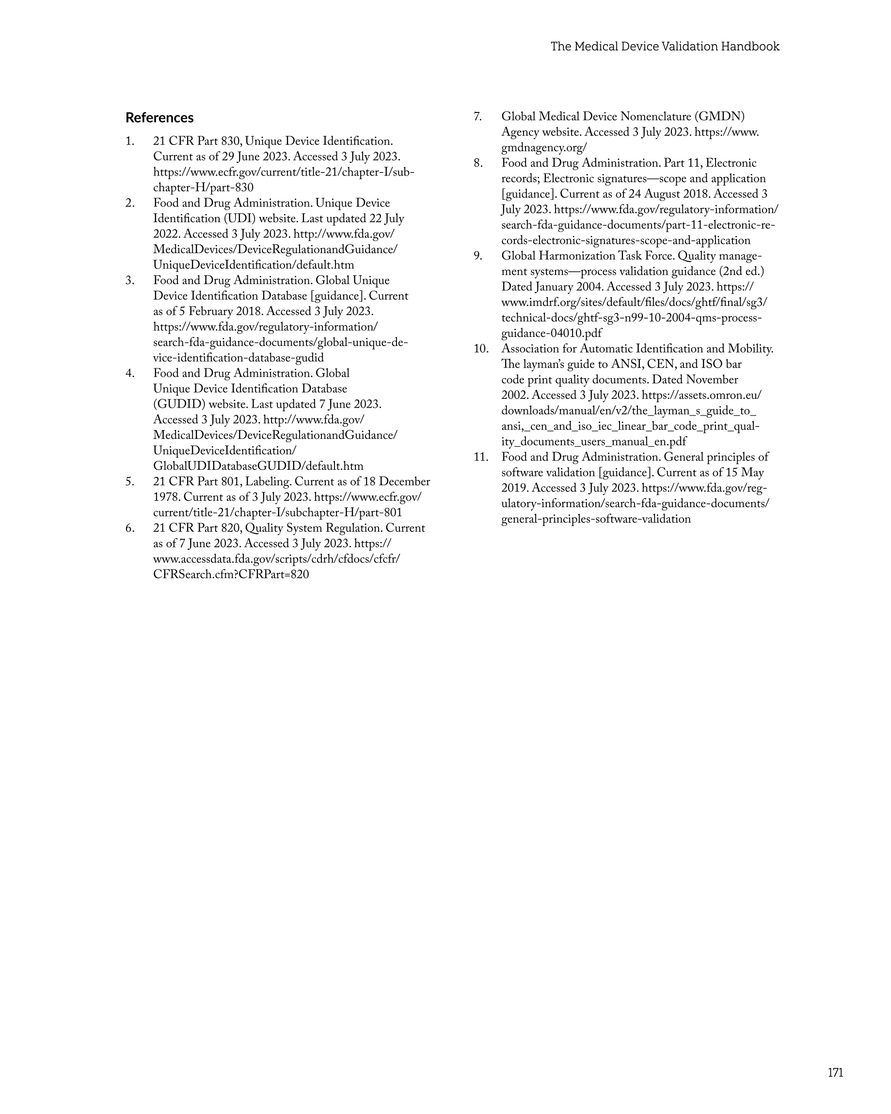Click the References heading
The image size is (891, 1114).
pyautogui.click(x=159, y=118)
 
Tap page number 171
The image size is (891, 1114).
pyautogui.click(x=835, y=1072)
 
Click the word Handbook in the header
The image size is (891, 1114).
pyautogui.click(x=750, y=47)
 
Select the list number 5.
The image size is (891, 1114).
pyautogui.click(x=130, y=481)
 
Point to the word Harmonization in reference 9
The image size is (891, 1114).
pyautogui.click(x=576, y=256)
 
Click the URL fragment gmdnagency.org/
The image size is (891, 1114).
pyautogui.click(x=544, y=148)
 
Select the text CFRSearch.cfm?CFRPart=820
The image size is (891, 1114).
pyautogui.click(x=231, y=574)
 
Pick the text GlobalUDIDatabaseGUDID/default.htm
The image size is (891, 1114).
pyautogui.click(x=258, y=466)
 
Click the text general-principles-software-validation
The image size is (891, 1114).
pyautogui.click(x=596, y=519)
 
